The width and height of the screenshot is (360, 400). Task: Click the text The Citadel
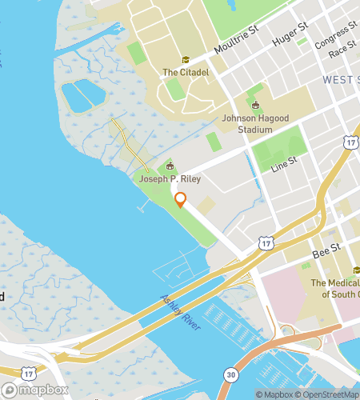coord(185,72)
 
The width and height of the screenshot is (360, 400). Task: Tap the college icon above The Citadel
coord(186,60)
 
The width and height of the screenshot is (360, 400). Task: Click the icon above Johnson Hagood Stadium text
coord(255,105)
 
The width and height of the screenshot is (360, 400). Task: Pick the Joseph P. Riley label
coord(169,179)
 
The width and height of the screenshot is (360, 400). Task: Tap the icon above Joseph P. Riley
coord(169,166)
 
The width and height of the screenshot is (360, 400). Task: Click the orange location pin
coord(181,200)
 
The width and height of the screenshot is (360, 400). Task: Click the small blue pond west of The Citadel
coord(83,95)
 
